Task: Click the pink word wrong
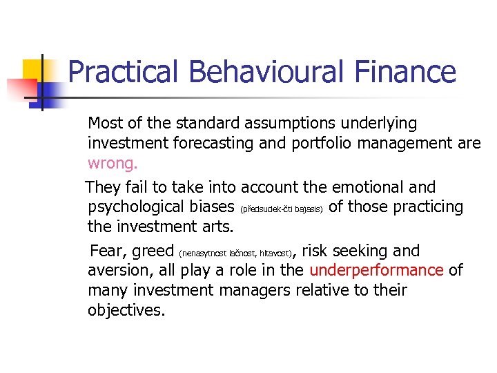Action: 113,164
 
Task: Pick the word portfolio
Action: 339,144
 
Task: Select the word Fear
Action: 108,251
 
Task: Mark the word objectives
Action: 126,310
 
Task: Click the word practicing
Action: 421,207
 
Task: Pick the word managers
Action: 255,290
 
